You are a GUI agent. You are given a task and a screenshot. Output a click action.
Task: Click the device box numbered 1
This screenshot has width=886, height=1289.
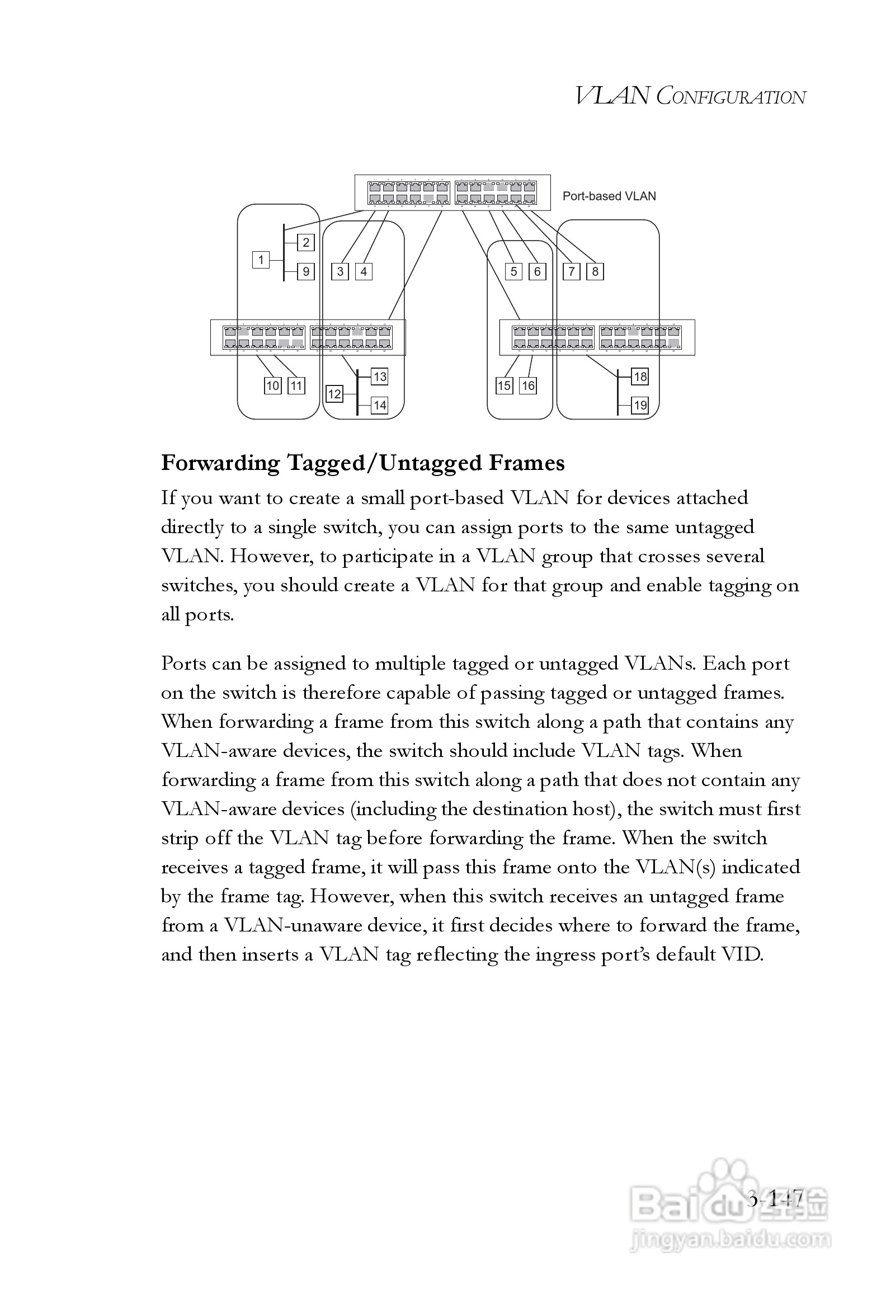(261, 260)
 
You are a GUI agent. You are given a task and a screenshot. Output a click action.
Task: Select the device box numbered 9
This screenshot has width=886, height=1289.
(306, 272)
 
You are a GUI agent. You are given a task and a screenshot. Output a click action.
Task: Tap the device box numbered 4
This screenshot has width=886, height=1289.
(364, 272)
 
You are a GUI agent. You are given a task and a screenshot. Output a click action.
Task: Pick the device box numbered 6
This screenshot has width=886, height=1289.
(537, 272)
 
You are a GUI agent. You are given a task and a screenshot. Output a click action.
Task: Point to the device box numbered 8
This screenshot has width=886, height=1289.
(595, 272)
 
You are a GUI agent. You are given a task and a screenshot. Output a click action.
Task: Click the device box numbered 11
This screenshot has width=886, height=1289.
(296, 385)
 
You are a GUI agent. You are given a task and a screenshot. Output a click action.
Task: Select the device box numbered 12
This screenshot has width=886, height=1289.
(334, 394)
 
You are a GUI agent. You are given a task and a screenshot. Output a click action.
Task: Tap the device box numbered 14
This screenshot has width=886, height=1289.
(380, 405)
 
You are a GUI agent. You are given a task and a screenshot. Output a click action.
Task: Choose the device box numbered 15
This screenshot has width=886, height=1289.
(505, 385)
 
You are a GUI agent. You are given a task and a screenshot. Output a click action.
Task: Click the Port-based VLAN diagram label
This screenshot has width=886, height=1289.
(609, 196)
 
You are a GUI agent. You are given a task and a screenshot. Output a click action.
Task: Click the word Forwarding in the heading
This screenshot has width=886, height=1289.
(220, 464)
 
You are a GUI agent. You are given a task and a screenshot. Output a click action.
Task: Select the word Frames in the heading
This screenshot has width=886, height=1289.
(526, 464)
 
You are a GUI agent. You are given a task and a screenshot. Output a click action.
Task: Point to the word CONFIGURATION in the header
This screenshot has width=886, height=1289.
(731, 97)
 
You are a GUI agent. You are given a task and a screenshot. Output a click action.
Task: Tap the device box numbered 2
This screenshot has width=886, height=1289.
(306, 243)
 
